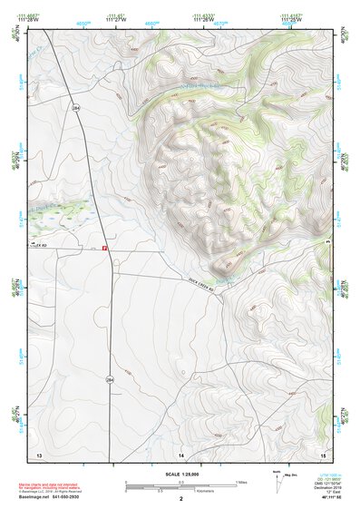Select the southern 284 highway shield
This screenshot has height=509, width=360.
[x=109, y=377]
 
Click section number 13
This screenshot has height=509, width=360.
[x=38, y=452]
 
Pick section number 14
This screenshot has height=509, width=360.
[x=181, y=452]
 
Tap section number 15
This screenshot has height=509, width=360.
[x=322, y=452]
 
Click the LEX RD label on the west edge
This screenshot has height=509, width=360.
[x=39, y=245]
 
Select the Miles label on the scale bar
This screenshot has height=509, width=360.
[x=240, y=481]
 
